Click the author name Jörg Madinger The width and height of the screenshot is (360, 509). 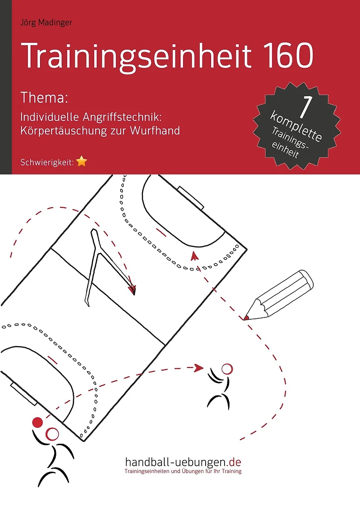pos(46,23)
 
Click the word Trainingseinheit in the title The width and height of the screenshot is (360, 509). pos(136,56)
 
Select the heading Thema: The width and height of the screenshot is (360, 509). pos(44,97)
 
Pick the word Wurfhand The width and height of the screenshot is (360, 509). pos(155,130)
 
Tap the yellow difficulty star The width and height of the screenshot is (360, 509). pos(81,161)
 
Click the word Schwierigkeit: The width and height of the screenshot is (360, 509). pos(47,162)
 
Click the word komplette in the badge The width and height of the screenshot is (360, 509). pos(296,126)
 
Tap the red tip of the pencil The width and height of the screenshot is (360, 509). pos(246,317)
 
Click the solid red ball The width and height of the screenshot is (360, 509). pos(38,422)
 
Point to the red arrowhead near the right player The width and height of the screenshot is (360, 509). pos(198,368)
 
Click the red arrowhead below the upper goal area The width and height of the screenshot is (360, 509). pos(194,256)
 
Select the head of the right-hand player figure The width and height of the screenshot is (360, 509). pos(227,370)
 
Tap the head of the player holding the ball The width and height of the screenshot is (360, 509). pos(52,434)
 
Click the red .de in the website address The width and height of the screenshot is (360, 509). pos(234,462)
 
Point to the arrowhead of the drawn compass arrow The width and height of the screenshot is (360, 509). pos(132,290)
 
